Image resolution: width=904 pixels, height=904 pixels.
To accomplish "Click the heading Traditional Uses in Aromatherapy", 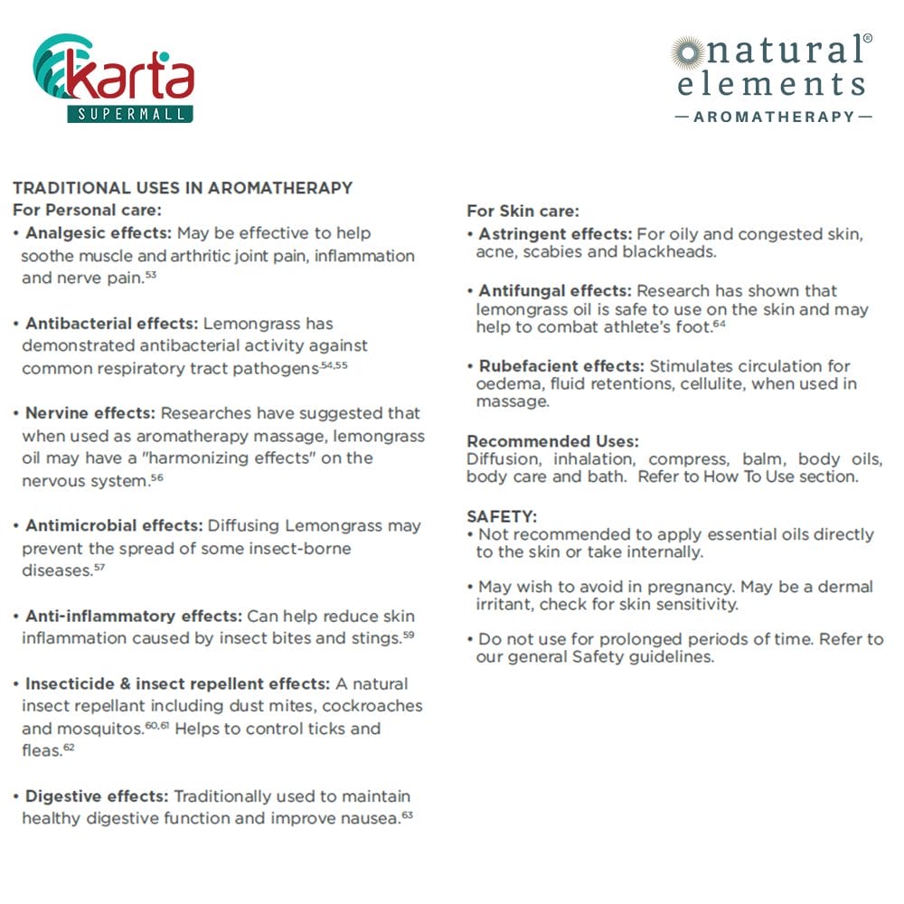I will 182,188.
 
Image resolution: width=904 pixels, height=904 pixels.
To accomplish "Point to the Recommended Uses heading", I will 552,441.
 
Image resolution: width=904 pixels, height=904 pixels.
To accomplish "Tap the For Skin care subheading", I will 523,211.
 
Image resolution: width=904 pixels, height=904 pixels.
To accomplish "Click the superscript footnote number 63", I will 408,815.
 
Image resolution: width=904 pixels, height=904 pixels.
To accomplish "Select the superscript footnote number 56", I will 156,476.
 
